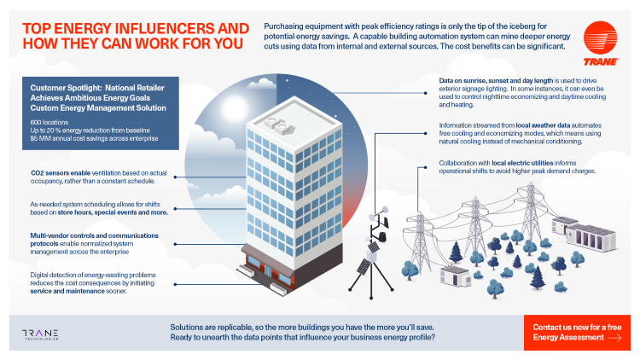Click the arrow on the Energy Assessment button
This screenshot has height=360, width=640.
pos(614,338)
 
